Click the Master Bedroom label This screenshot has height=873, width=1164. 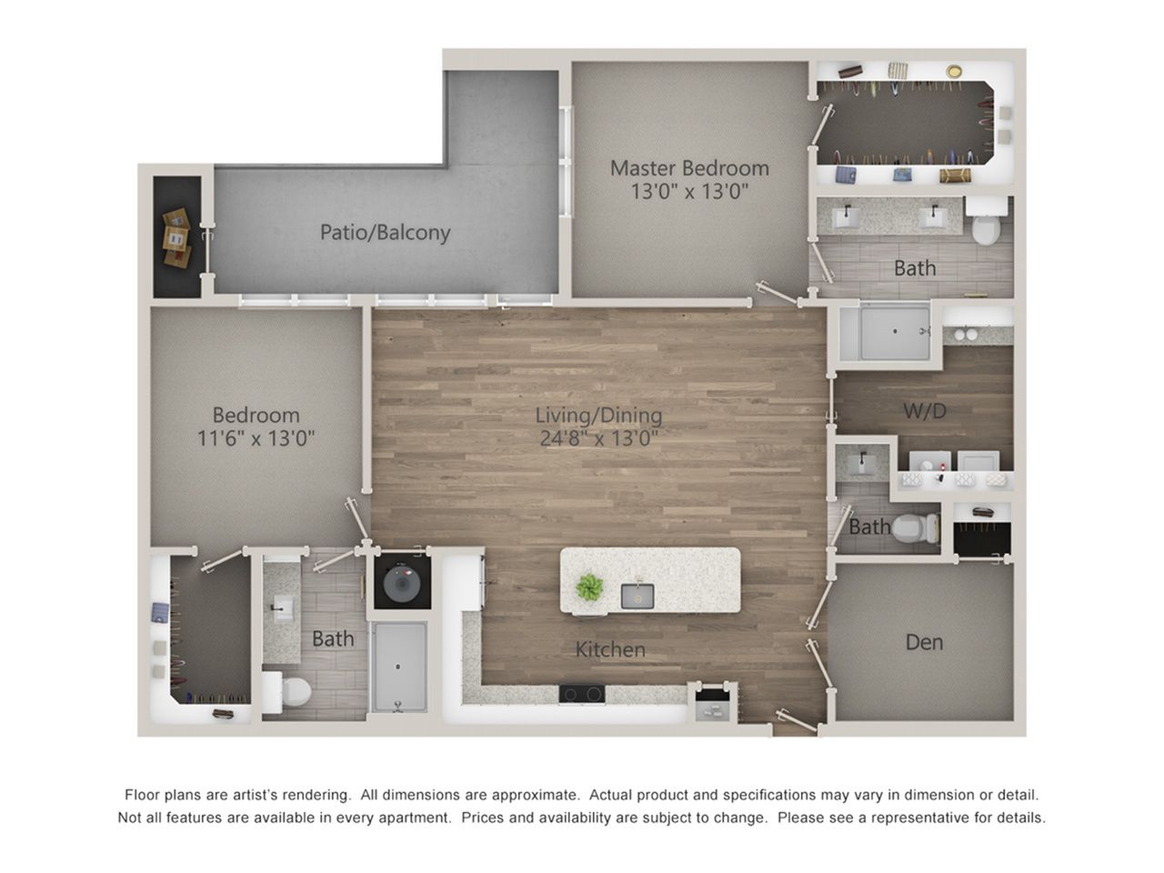click(689, 168)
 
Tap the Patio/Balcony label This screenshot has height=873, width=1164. click(385, 232)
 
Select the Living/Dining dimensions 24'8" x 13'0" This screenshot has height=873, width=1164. click(598, 438)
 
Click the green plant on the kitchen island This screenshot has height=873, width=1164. click(589, 587)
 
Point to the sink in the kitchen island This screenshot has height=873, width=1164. click(637, 596)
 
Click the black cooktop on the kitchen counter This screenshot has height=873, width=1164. click(582, 694)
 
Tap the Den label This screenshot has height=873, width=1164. click(924, 642)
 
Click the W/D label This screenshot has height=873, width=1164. click(925, 411)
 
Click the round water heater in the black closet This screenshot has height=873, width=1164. click(401, 583)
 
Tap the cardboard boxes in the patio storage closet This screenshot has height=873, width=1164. click(176, 238)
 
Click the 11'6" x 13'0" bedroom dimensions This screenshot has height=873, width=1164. click(256, 438)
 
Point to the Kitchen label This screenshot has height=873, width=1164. click(610, 650)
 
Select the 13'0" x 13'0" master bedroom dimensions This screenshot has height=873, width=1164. click(689, 191)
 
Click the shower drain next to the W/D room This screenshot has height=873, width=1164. click(895, 331)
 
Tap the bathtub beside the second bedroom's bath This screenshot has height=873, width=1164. click(399, 667)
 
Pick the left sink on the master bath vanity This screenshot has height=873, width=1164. click(847, 216)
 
